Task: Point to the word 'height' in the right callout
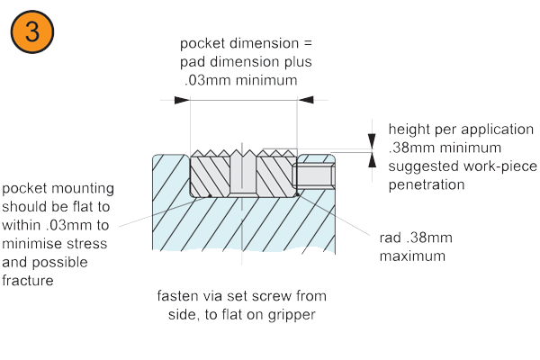pyautogui.click(x=408, y=129)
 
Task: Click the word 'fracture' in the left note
pyautogui.click(x=28, y=280)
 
